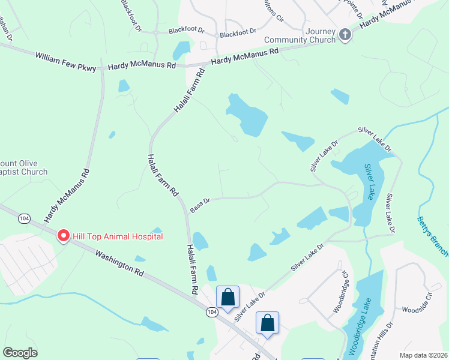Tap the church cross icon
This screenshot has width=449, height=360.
[x=345, y=35]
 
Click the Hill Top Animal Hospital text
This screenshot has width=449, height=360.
[x=118, y=236]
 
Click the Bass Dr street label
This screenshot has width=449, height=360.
[x=200, y=206]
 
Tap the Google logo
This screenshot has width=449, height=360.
[x=20, y=352]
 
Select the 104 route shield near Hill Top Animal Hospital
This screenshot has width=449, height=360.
[x=23, y=219]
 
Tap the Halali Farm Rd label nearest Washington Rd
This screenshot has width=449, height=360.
[x=192, y=268]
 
